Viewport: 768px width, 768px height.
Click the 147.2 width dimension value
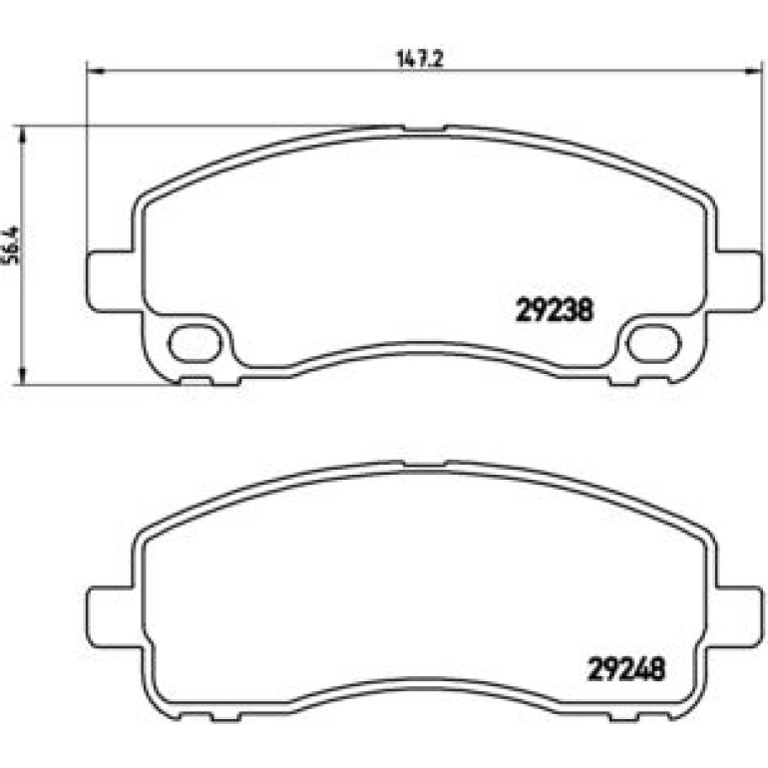tap(419, 59)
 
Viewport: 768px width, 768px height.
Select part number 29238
tap(554, 310)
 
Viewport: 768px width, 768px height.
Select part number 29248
tap(626, 669)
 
